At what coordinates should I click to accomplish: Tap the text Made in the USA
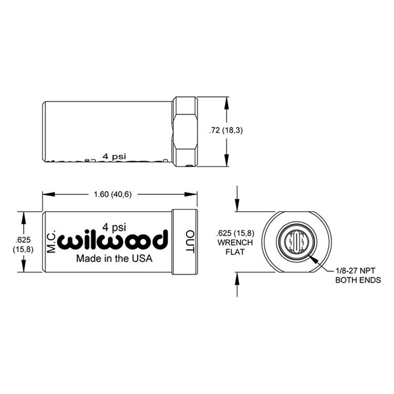(x=114, y=258)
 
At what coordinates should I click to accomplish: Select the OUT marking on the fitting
(x=190, y=242)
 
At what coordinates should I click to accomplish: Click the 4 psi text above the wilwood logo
(x=113, y=227)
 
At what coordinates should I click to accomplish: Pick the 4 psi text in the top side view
(x=115, y=156)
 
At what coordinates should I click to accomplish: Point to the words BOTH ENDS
(x=358, y=280)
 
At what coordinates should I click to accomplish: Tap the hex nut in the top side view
(x=185, y=132)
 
